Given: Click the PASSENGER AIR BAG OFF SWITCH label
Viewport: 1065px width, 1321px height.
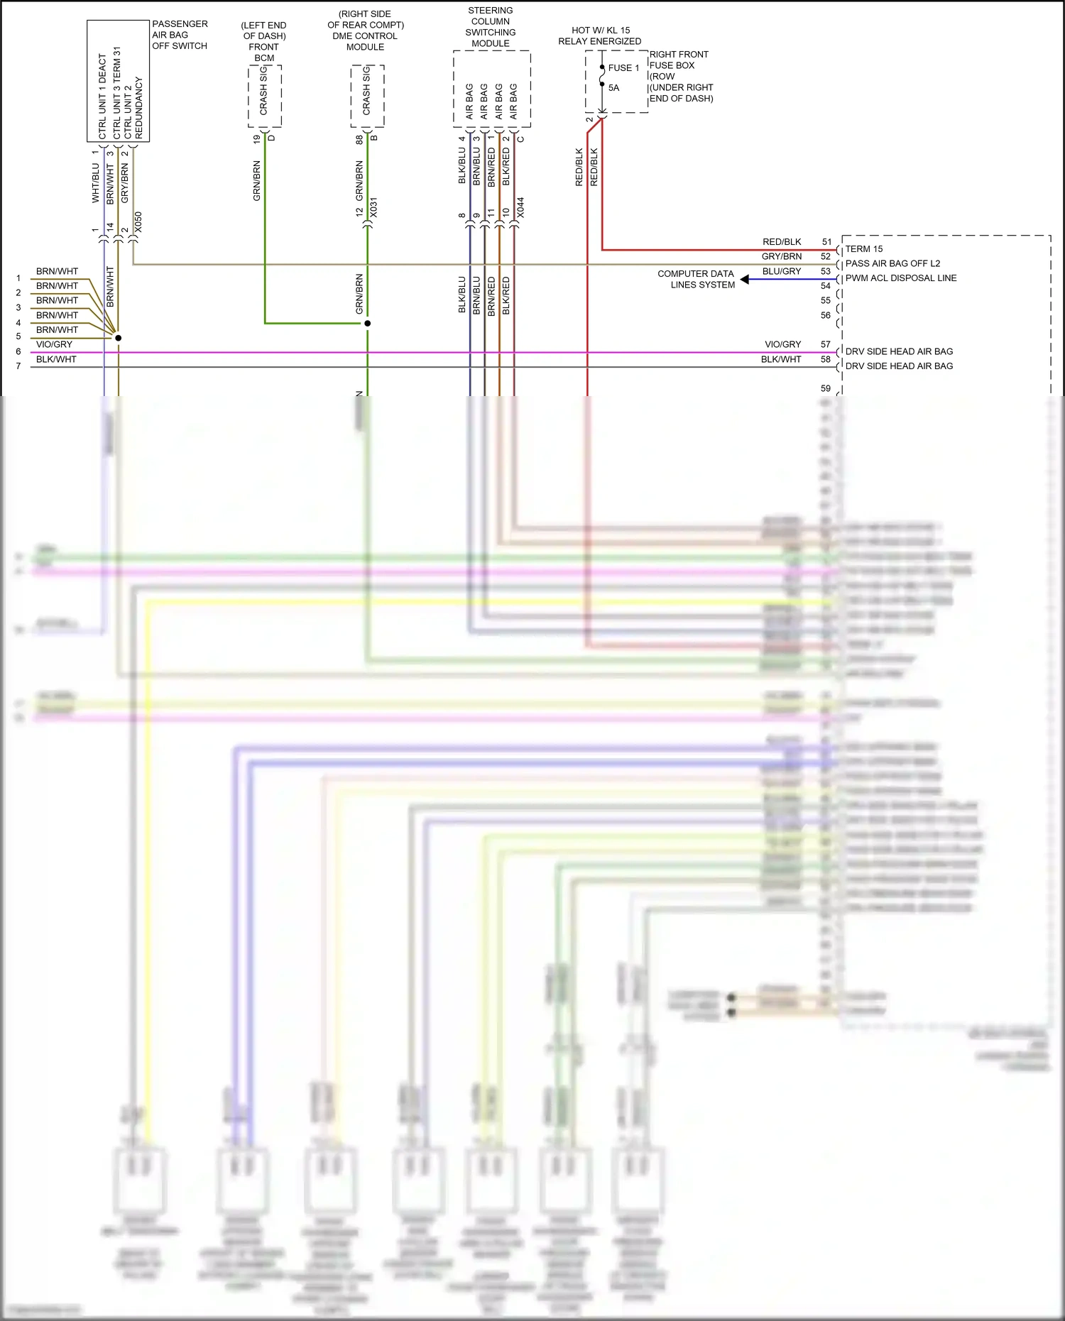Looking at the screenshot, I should (180, 35).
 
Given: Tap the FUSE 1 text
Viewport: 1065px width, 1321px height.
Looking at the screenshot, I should (623, 68).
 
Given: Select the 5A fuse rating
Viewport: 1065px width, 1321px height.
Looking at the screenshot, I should (613, 88).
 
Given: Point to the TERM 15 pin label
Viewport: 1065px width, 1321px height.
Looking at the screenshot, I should (863, 249).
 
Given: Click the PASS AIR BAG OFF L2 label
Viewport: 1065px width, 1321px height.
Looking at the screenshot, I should (892, 263).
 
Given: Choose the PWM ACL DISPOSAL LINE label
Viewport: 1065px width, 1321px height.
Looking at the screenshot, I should (900, 278).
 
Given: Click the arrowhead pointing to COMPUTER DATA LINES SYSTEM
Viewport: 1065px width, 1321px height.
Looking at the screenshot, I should (744, 280).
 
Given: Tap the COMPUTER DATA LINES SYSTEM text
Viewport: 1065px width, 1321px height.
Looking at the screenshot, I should (697, 279).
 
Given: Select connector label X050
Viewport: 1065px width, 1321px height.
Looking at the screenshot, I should (138, 221).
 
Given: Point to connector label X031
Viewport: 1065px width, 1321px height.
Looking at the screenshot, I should (374, 207).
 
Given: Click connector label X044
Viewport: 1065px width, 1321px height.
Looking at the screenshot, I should (520, 207).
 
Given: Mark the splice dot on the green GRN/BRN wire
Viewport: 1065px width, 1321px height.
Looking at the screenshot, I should (367, 324).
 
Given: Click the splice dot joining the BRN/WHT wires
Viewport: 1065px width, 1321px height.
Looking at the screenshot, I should (119, 338).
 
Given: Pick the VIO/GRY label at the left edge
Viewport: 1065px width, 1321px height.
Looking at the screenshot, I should (54, 344).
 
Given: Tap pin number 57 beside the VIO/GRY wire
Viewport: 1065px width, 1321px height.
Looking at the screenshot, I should (825, 344).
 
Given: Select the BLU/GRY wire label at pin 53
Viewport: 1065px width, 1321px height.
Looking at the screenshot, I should (781, 271).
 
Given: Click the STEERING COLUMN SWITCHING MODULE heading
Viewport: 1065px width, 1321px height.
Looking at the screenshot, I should (491, 27).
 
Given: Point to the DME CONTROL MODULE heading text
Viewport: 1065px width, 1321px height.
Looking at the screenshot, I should (365, 41).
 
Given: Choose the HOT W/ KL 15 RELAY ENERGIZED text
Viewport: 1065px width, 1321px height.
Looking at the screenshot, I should (599, 35).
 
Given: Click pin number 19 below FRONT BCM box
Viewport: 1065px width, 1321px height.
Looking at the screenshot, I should (256, 140).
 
